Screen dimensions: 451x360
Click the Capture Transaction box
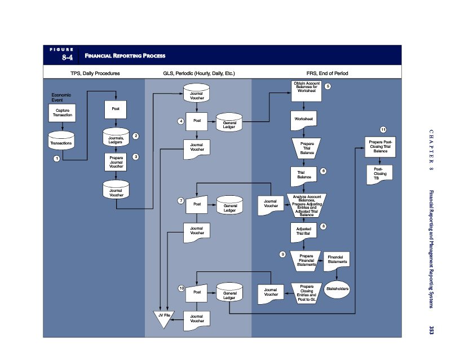tap(62, 113)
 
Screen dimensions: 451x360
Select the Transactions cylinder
tap(61, 141)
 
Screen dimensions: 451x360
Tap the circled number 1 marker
tap(57, 159)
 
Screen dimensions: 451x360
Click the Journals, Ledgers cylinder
tap(116, 137)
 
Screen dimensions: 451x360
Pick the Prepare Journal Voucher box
tap(116, 162)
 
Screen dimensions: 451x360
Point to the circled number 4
tap(180, 121)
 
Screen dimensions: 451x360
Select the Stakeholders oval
tap(337, 289)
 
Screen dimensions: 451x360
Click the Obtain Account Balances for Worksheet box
tap(306, 91)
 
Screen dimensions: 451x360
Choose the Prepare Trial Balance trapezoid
tap(307, 148)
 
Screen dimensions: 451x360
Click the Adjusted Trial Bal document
tap(303, 232)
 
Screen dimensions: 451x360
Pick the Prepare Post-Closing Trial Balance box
tap(380, 147)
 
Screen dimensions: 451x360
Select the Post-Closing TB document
tap(379, 174)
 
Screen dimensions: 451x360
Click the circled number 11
tap(383, 130)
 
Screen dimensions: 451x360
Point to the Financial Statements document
tap(337, 261)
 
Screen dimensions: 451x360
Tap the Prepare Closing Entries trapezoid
tap(307, 293)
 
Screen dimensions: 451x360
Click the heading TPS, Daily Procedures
tap(95, 73)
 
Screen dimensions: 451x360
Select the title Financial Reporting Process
tap(125, 56)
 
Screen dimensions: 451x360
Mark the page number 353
tap(431, 330)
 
